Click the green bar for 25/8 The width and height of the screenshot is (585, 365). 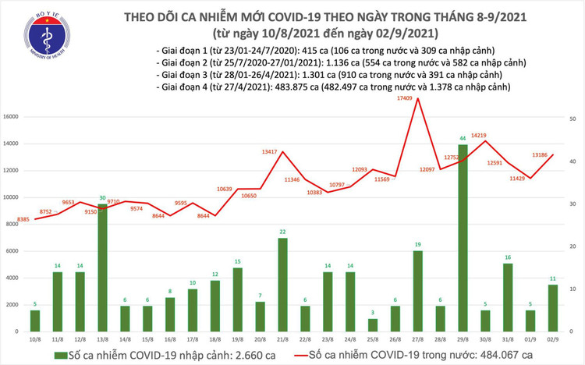(373, 324)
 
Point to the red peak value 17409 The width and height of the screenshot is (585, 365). (404, 98)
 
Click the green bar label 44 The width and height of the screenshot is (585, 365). (463, 138)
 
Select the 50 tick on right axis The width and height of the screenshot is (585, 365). (573, 118)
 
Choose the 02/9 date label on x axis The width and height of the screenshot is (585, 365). (553, 338)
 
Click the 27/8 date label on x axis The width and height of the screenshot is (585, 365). (417, 338)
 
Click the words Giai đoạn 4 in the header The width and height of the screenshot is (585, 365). (181, 87)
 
